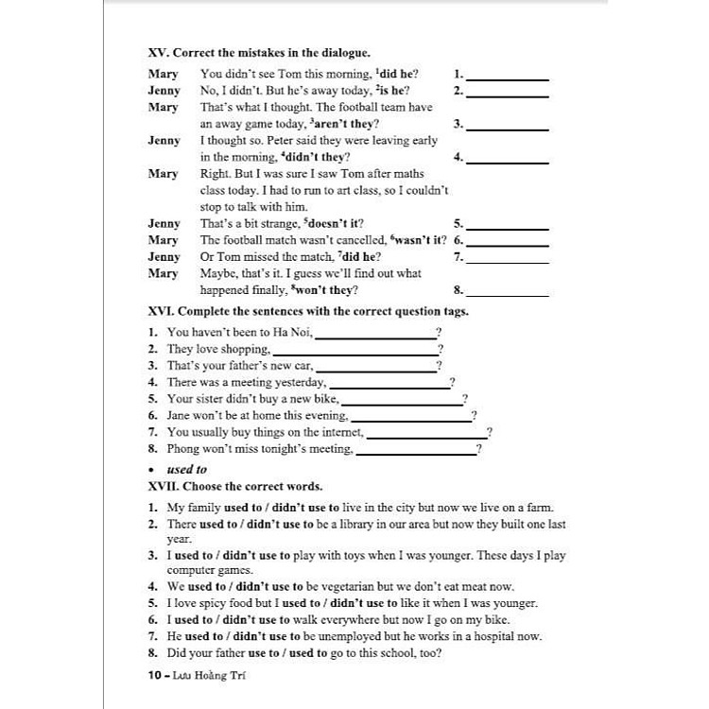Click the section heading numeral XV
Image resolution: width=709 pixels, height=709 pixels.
[159, 54]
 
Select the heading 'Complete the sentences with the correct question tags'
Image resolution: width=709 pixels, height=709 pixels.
[322, 310]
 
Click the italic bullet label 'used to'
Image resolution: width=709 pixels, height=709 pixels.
[186, 469]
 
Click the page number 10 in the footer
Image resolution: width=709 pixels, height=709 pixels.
[155, 675]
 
